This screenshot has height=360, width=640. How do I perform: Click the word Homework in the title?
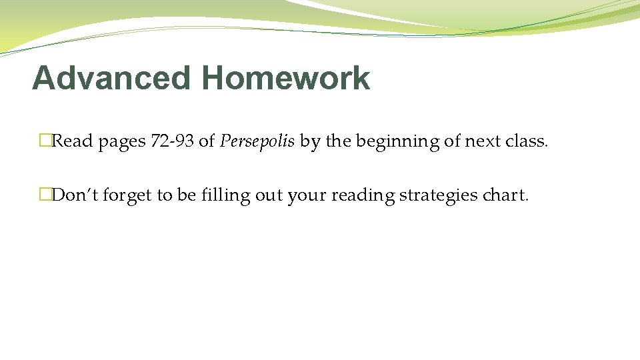[x=285, y=78]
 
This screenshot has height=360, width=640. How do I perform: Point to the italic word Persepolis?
[x=257, y=141]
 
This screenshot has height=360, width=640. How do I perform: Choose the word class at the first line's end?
[x=526, y=141]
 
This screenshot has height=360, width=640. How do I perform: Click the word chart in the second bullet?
[x=506, y=195]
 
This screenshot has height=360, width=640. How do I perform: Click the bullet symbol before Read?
[x=45, y=141]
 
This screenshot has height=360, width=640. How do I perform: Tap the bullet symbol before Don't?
[x=45, y=195]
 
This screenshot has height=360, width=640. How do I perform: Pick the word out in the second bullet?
[x=268, y=195]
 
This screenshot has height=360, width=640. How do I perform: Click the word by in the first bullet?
[x=309, y=142]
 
